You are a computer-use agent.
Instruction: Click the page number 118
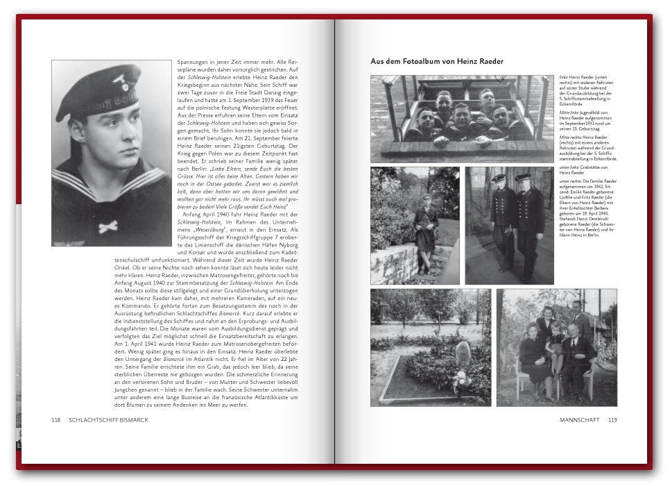[56, 420]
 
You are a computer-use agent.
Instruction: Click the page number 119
[612, 420]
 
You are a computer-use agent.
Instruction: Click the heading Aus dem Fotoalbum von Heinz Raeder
[437, 62]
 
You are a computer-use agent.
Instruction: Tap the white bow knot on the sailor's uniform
[108, 227]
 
